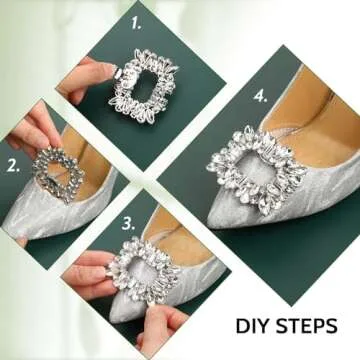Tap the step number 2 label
click(13, 166)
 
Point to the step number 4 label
click(261, 97)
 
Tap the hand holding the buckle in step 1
click(88, 78)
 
